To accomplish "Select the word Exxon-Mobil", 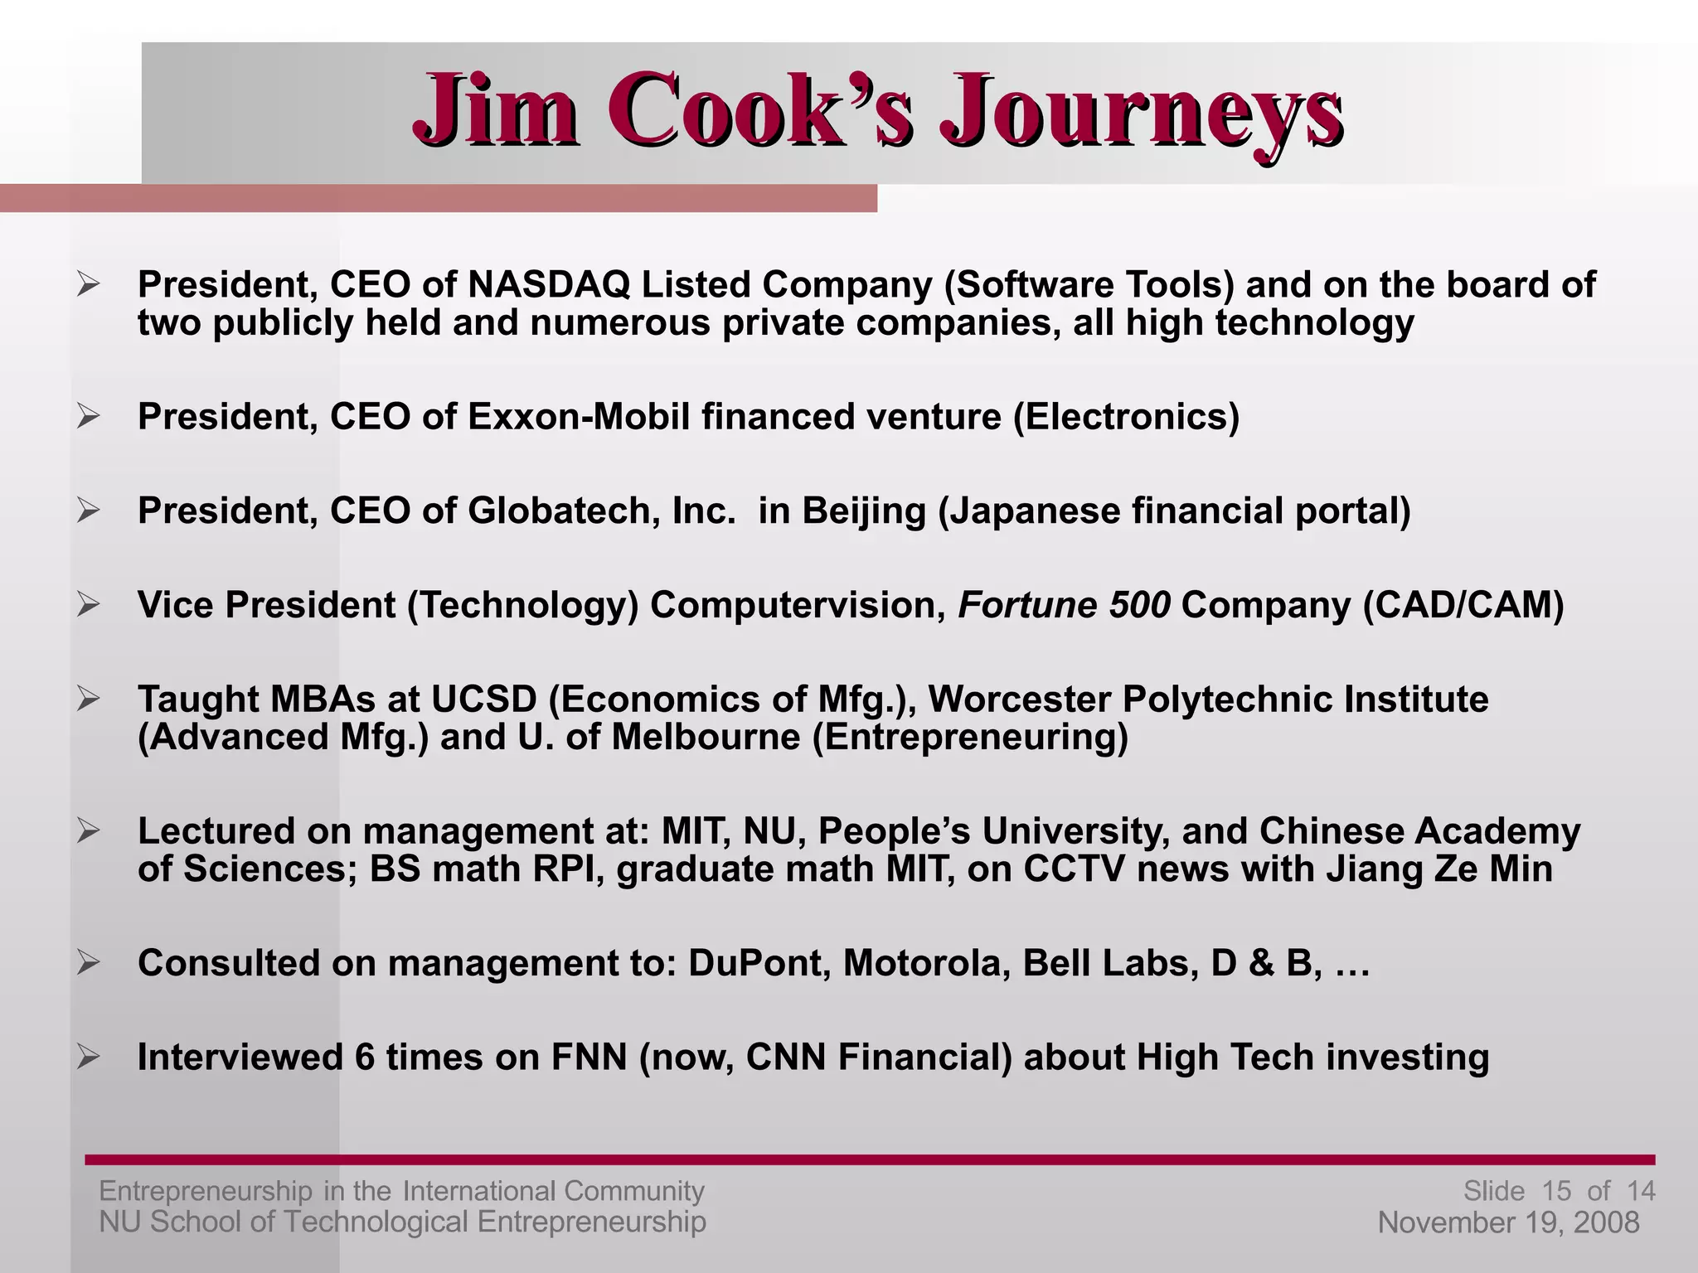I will click(578, 417).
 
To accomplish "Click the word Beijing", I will click(863, 511).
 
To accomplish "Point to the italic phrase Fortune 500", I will click(1064, 605).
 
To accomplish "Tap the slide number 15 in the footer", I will click(1556, 1191).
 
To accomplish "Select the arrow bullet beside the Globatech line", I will click(88, 511).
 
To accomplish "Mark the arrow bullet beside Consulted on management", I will click(88, 963).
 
